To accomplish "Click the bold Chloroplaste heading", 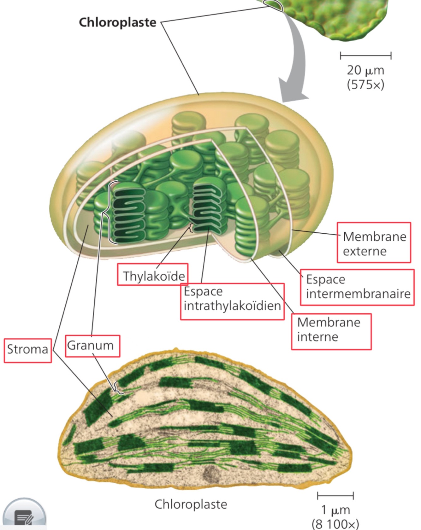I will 117,22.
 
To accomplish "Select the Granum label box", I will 92,346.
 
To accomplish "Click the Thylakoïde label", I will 153,275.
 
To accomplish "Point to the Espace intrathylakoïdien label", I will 232,301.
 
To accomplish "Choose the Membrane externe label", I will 374,243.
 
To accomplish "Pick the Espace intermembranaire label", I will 357,287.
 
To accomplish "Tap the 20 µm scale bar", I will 365,56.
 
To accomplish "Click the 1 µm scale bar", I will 335,496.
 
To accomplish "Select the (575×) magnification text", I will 365,84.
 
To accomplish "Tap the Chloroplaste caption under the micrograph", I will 191,504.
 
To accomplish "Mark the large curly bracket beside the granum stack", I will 109,213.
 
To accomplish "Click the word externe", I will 365,251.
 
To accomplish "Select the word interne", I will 317,337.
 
